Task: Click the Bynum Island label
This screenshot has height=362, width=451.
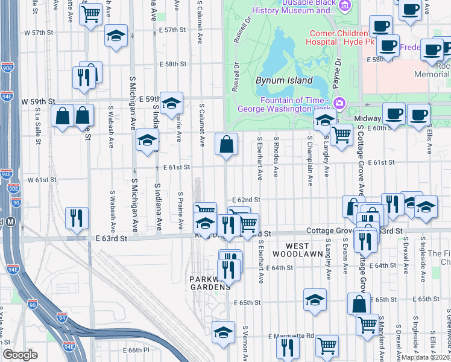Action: pyautogui.click(x=284, y=80)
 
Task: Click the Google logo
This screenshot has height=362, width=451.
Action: pyautogui.click(x=20, y=355)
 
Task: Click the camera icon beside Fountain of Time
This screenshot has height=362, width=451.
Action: pyautogui.click(x=339, y=103)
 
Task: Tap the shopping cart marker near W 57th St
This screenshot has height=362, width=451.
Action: pyautogui.click(x=90, y=14)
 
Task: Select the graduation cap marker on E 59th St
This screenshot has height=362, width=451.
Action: pyautogui.click(x=171, y=103)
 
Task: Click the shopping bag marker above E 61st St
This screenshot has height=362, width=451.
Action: pyautogui.click(x=226, y=145)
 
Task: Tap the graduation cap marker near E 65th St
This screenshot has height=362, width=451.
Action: pyautogui.click(x=315, y=300)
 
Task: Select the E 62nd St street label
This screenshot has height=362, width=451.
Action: pyautogui.click(x=246, y=200)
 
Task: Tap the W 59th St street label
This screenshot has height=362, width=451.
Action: pyautogui.click(x=39, y=101)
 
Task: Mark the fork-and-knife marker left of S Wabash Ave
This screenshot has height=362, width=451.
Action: pyautogui.click(x=77, y=218)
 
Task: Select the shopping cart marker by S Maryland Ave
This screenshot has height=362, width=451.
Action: pyautogui.click(x=367, y=325)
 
